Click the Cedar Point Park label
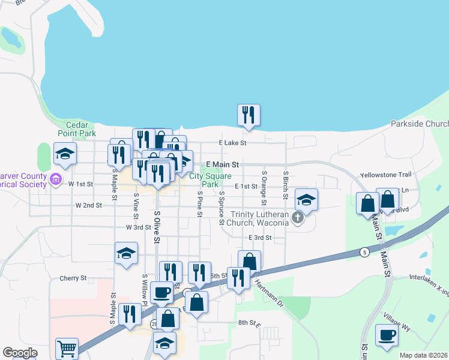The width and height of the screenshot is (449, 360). pos(77,128)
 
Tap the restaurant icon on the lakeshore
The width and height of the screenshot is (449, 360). pos(249,115)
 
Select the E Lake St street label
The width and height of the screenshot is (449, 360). pos(232,143)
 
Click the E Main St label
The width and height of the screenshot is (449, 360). pos(223,164)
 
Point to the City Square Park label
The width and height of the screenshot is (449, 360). pos(210,180)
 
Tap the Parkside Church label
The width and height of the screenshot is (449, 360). pos(419,124)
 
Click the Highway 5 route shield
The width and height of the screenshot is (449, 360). pos(364,251)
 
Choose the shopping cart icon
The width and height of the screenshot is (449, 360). pos(67,348)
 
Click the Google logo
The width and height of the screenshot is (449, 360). pos(19,353)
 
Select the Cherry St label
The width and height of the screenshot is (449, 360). pos(73,278)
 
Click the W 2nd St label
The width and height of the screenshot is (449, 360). pos(88,205)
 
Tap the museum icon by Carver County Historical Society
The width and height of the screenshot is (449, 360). pos(56,179)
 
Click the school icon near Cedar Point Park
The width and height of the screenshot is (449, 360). pos(65,154)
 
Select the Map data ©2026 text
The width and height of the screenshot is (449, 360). pos(423,355)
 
